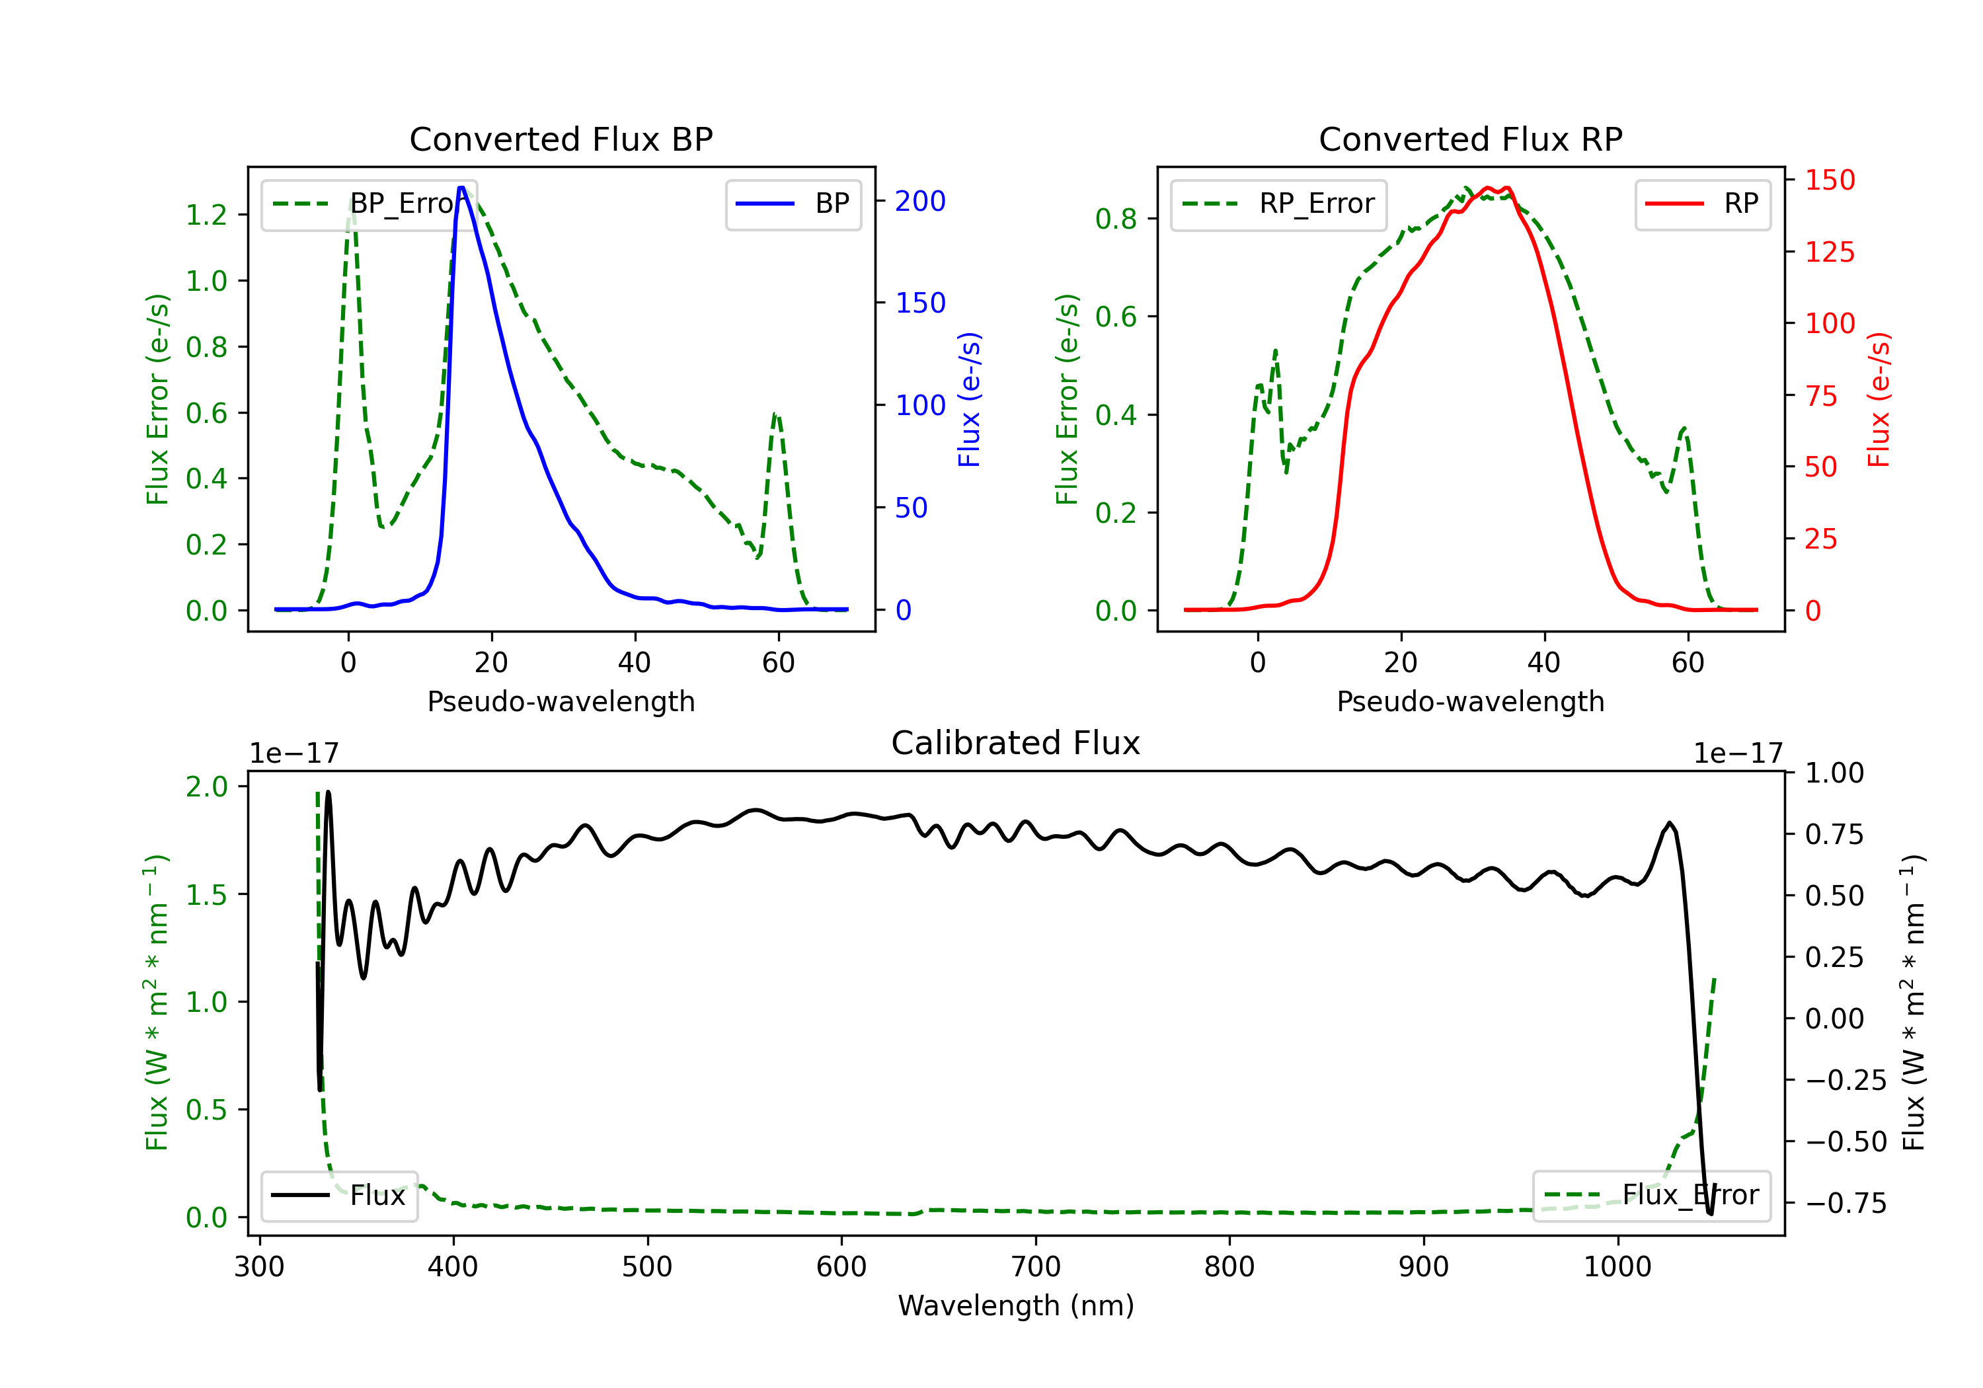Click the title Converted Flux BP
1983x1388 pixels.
pyautogui.click(x=561, y=139)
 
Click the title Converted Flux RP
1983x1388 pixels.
pyautogui.click(x=1471, y=139)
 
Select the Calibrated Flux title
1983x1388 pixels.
pyautogui.click(x=1016, y=743)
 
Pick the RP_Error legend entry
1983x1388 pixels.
pyautogui.click(x=1278, y=204)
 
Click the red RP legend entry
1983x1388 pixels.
pyautogui.click(x=1702, y=204)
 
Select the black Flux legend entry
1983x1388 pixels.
pyautogui.click(x=338, y=1196)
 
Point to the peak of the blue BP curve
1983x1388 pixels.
pyautogui.click(x=461, y=188)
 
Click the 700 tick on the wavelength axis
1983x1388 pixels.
pyautogui.click(x=1036, y=1266)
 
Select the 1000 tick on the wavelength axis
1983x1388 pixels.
pyautogui.click(x=1617, y=1266)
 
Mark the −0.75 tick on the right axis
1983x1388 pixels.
pyautogui.click(x=1846, y=1203)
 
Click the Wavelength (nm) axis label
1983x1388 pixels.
pyautogui.click(x=1016, y=1305)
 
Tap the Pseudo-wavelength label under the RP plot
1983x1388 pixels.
pyautogui.click(x=1471, y=701)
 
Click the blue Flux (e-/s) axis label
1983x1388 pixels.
pyautogui.click(x=969, y=399)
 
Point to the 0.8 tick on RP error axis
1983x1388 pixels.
pyautogui.click(x=1116, y=219)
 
